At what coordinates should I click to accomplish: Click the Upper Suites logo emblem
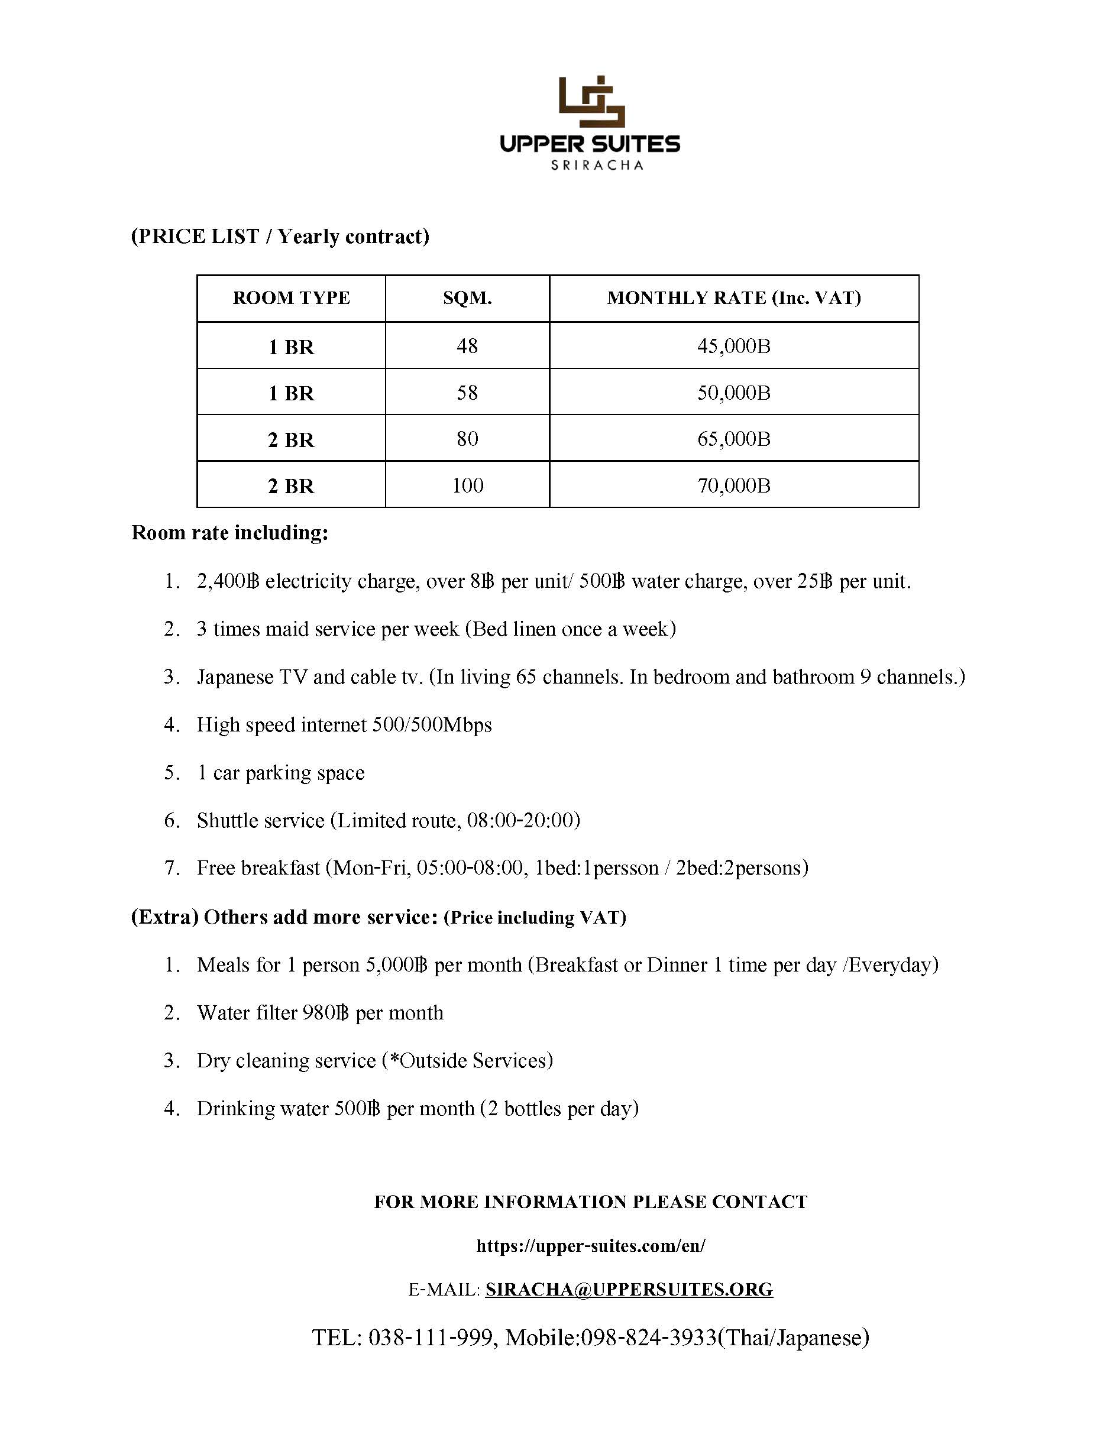(591, 101)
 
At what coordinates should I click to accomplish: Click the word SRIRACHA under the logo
(597, 166)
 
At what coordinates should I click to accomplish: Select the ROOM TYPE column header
(291, 298)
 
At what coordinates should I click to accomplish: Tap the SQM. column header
(467, 298)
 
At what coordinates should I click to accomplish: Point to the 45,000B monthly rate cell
(734, 346)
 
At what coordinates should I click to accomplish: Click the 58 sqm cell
(467, 393)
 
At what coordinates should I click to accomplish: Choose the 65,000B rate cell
(734, 439)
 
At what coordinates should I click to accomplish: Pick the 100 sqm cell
(467, 485)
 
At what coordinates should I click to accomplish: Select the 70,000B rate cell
(734, 485)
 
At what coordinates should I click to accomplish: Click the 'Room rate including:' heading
(229, 533)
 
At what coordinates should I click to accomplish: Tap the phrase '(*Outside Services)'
(467, 1060)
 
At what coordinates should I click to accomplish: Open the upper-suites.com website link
(590, 1246)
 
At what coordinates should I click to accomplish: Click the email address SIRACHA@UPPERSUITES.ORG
(629, 1290)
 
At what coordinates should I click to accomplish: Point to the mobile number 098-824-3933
(649, 1338)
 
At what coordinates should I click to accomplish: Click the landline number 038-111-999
(431, 1338)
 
